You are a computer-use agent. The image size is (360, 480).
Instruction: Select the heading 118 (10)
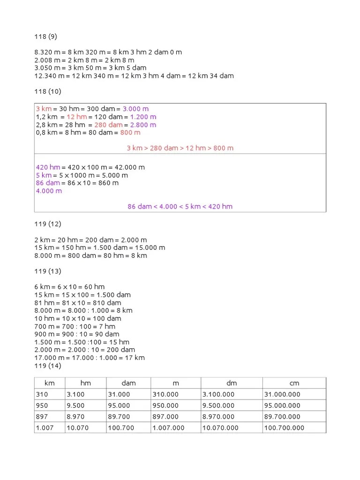click(x=47, y=91)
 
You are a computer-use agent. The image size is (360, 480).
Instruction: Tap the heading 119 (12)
click(x=47, y=224)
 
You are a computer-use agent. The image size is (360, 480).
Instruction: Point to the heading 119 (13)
click(x=47, y=271)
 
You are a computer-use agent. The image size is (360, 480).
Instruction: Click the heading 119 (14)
click(x=47, y=366)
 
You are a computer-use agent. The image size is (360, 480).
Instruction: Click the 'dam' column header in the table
click(x=128, y=383)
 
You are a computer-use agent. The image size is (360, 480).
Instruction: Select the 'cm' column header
click(x=294, y=383)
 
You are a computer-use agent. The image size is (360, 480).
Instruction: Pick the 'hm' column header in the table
click(x=85, y=383)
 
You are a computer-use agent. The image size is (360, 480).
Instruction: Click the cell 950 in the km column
click(x=42, y=405)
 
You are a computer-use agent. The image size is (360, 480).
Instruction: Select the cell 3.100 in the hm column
click(x=75, y=394)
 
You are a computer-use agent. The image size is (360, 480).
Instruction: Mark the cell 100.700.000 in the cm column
click(x=284, y=427)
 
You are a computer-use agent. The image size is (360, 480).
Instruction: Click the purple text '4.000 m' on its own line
click(x=49, y=191)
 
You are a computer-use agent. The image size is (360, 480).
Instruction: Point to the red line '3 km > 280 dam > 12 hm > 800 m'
click(x=180, y=148)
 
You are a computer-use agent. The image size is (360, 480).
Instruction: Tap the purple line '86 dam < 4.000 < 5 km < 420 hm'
click(x=180, y=206)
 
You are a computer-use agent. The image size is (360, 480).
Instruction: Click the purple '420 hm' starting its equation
click(x=48, y=167)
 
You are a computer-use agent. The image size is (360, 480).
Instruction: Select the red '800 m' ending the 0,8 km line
click(x=130, y=132)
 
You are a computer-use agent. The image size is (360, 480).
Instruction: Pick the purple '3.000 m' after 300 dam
click(x=135, y=109)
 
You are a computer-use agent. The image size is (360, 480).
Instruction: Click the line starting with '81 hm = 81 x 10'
click(x=75, y=303)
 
